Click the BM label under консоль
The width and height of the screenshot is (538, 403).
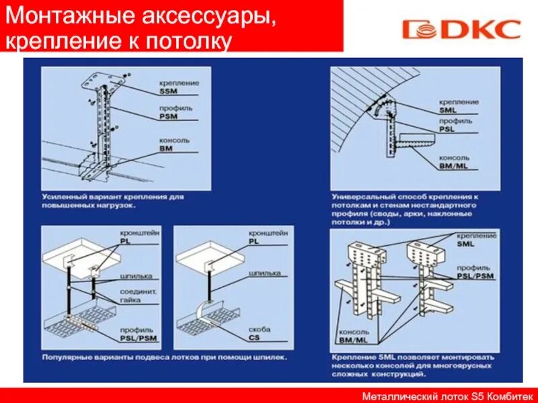click(166, 148)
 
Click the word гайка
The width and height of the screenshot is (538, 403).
click(130, 301)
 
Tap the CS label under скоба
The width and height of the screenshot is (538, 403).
click(255, 337)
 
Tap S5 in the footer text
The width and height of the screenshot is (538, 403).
click(475, 396)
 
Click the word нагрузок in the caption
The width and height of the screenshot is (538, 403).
click(114, 205)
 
